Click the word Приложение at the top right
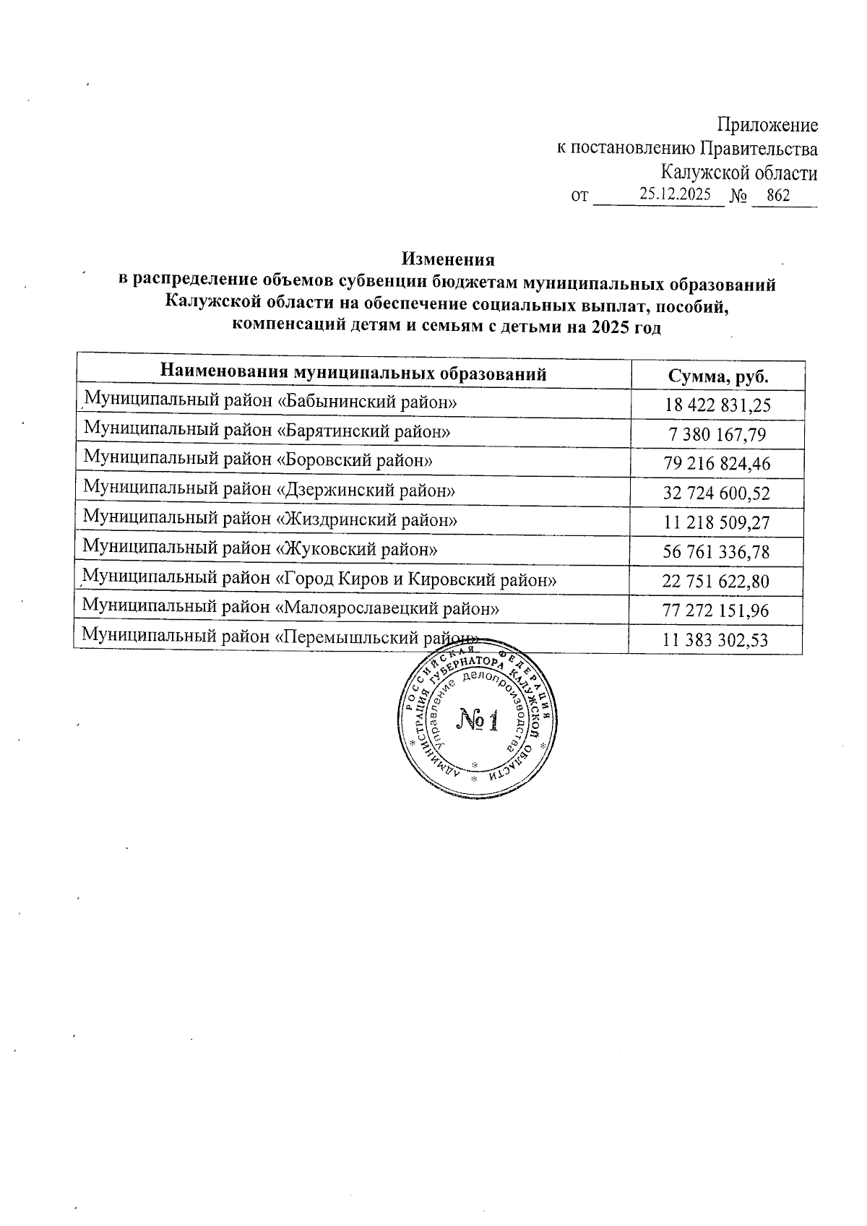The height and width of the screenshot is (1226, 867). point(767,126)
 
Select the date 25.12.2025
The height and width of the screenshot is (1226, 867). point(675,194)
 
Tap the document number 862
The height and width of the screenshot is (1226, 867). point(778,196)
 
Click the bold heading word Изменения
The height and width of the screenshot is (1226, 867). point(448,259)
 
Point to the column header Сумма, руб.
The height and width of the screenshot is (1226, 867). point(717,376)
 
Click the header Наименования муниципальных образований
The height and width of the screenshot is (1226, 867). point(353,374)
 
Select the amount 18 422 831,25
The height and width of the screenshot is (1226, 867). point(717,405)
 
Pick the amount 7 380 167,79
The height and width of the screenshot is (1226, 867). point(717,435)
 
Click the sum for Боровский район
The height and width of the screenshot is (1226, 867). point(717,464)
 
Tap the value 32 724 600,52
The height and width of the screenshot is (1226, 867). point(717,493)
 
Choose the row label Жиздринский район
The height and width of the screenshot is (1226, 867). point(270,519)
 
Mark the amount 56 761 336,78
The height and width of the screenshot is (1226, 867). point(717,553)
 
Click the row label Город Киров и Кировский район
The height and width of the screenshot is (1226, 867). point(319,579)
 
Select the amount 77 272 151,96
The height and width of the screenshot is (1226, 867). point(717,611)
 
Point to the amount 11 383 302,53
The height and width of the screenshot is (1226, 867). point(717,640)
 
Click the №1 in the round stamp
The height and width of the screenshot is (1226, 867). point(478,720)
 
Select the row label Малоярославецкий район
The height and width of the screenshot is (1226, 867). point(291,608)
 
